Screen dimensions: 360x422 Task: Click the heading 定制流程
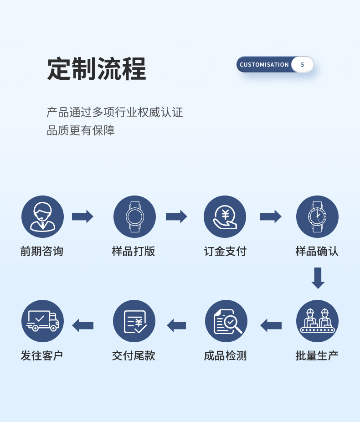pos(97,69)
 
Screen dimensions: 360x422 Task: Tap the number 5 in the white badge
pos(302,65)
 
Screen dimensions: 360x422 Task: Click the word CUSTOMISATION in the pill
pos(264,65)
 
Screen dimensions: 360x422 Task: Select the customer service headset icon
pos(42,216)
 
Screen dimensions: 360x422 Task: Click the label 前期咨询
pos(42,251)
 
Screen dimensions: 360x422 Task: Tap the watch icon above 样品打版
pos(134,216)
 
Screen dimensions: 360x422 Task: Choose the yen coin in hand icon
pos(225,216)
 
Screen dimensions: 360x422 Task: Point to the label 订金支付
pos(225,251)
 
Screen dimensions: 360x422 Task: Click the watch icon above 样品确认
pos(317,216)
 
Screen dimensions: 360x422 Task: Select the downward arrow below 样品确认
pos(318,278)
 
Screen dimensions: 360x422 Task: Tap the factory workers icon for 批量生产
pos(317,321)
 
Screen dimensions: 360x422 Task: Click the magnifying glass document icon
pos(226,321)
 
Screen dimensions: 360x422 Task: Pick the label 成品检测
pos(225,355)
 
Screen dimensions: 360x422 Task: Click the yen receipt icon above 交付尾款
pos(134,321)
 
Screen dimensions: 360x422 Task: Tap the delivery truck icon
pos(42,321)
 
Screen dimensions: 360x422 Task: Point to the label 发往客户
pos(42,355)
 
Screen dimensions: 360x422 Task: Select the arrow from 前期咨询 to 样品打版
pos(82,216)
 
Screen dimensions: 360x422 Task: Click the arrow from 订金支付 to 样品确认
pos(271,216)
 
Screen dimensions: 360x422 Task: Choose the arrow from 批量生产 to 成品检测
pos(271,325)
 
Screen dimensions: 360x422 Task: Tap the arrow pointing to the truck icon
pos(82,325)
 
